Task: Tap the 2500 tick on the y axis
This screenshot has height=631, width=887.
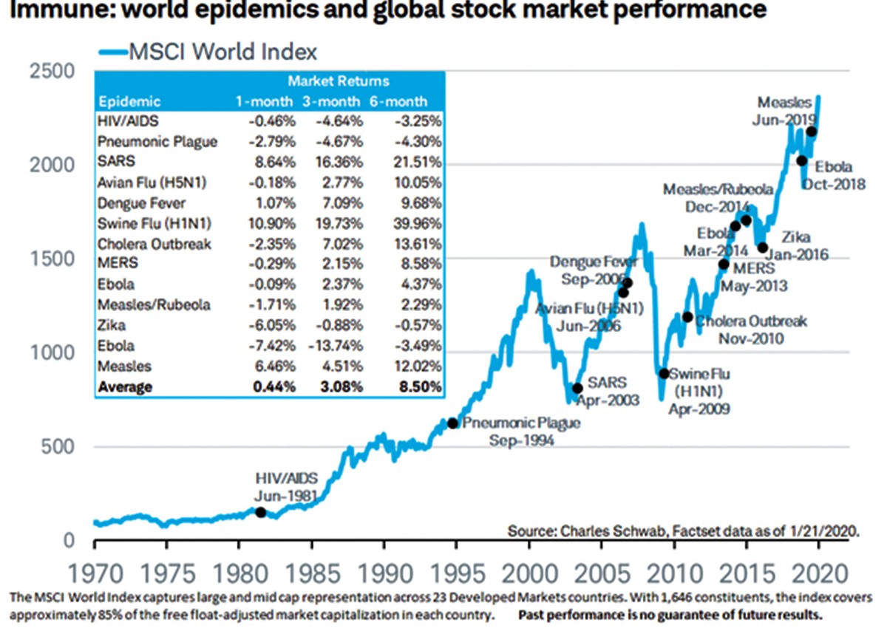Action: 52,71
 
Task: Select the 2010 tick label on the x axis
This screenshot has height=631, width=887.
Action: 673,572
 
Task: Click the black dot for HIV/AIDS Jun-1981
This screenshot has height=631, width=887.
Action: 260,512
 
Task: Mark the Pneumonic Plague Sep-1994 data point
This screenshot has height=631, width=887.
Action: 453,423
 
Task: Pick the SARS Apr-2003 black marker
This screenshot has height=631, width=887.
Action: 577,388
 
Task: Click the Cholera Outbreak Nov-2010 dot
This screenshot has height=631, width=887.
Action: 687,317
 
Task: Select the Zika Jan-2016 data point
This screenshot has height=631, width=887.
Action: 763,248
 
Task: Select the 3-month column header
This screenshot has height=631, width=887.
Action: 335,101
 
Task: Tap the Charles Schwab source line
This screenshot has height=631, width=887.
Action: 683,530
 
